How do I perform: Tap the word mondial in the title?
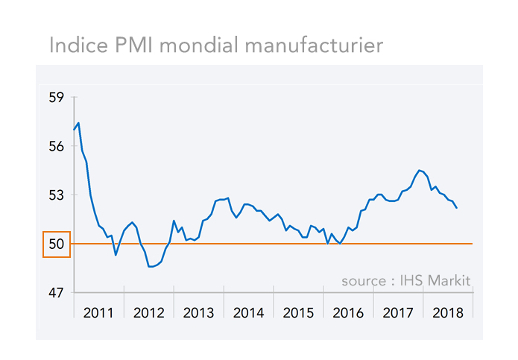(x=198, y=45)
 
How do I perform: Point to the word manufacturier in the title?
(x=312, y=45)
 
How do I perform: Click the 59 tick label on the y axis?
(x=57, y=97)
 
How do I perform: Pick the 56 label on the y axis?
(x=57, y=146)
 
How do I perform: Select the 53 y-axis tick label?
(x=57, y=195)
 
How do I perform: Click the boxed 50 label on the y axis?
(x=57, y=244)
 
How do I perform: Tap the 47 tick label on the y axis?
(x=57, y=293)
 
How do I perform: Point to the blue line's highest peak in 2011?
(x=78, y=123)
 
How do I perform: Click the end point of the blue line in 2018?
(x=456, y=208)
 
